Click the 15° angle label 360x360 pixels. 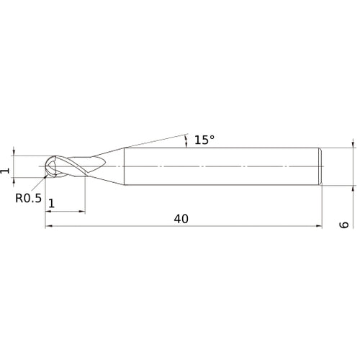(x=204, y=140)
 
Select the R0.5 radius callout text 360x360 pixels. (x=27, y=194)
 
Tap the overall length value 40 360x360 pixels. (x=181, y=218)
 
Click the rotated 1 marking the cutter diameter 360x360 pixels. (x=6, y=170)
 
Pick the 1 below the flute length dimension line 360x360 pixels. (x=51, y=203)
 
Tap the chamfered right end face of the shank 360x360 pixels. (x=319, y=166)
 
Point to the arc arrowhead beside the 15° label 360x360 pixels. (x=186, y=137)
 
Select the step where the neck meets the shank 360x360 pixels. (x=125, y=166)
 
